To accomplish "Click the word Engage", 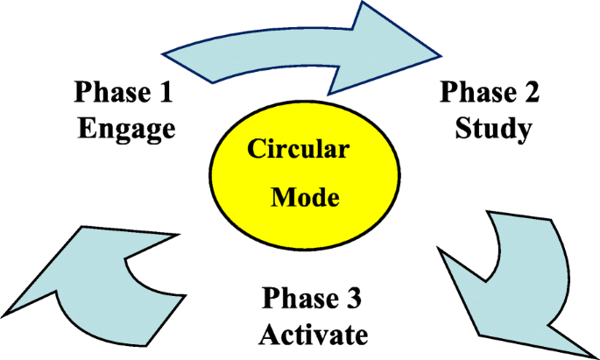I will tap(127, 129).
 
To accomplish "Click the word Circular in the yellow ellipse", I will tap(298, 149).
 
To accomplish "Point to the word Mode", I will tap(305, 197).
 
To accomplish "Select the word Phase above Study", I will tap(479, 91).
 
